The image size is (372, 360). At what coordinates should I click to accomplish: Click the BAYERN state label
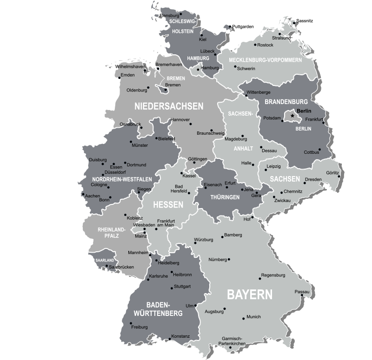coord(249,295)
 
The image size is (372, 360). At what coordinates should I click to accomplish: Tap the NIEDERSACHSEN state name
coord(169,106)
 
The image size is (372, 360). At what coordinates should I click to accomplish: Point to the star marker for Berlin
coord(292,115)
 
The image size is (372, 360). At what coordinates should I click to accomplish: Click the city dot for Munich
coord(243,318)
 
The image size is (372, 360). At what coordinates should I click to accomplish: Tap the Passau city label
coord(301,292)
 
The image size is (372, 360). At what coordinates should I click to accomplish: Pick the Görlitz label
coord(332,173)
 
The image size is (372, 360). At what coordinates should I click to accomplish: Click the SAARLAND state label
coord(104,260)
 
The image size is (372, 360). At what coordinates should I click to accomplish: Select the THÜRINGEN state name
coord(225,197)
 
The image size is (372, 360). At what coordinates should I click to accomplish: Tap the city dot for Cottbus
coord(320,150)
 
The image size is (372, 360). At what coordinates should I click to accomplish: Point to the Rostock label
coord(265,45)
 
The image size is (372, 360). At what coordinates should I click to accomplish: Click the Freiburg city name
coord(139,327)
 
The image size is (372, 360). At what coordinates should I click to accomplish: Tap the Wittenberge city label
coord(259,92)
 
